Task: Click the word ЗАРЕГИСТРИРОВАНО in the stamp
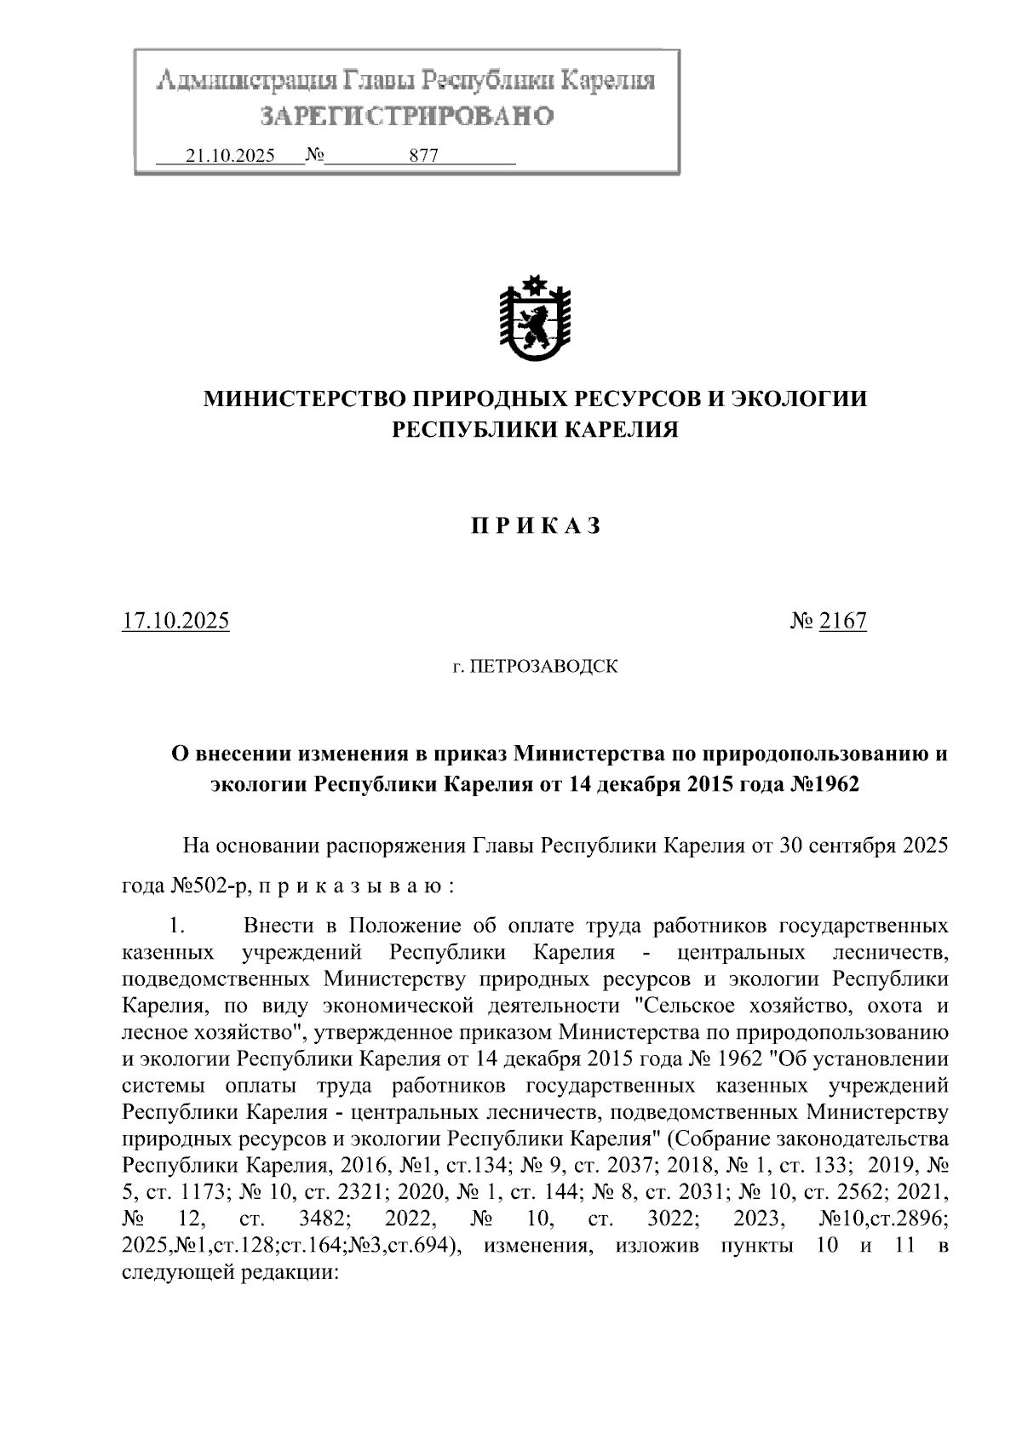point(406,116)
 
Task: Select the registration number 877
point(423,156)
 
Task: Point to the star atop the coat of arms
point(535,284)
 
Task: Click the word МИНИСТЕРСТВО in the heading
point(304,398)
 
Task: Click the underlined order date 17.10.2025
point(175,621)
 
